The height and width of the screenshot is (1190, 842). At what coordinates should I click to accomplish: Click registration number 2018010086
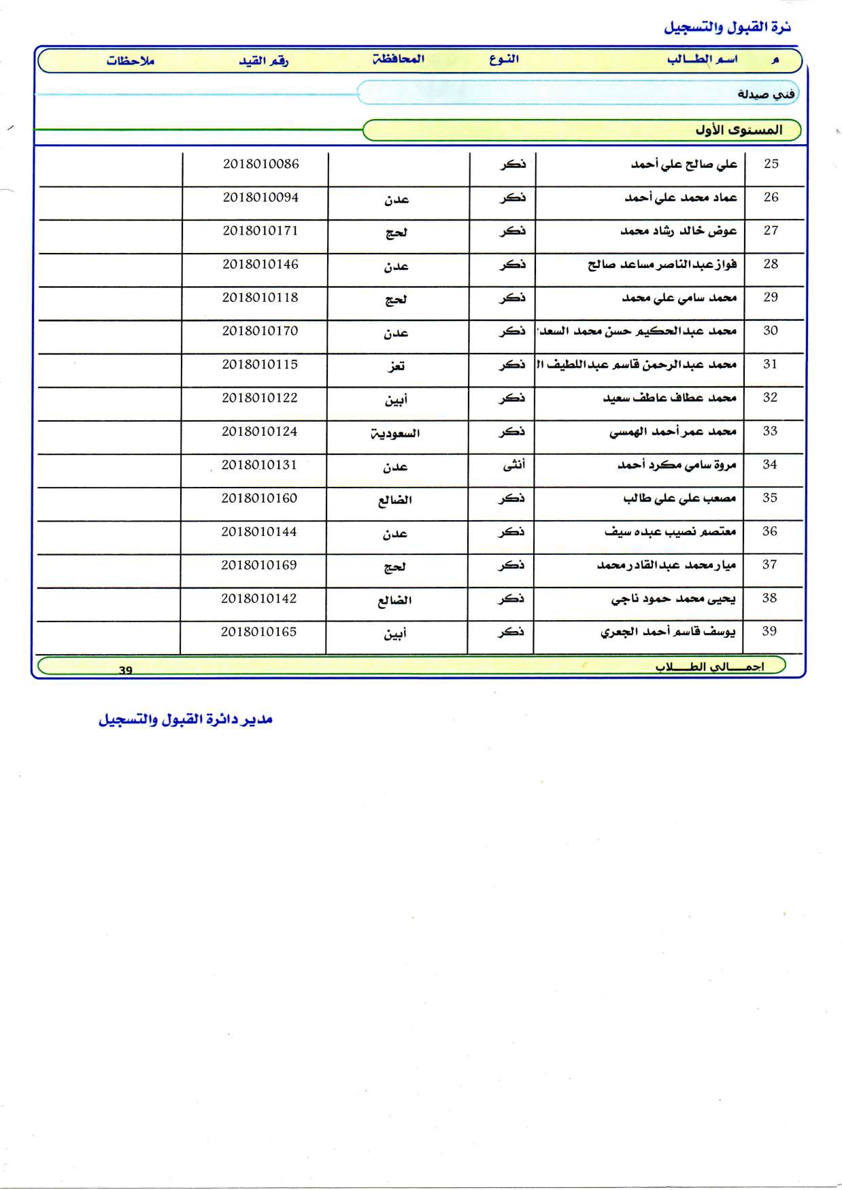260,164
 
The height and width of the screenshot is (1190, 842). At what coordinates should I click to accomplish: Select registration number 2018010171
260,231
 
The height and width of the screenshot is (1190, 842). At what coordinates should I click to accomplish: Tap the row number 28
771,264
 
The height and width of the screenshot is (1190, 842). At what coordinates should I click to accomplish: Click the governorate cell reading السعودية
395,433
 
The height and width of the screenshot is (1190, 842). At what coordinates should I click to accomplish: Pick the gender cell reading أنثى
513,465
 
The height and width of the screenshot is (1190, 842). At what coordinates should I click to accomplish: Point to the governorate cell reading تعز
396,366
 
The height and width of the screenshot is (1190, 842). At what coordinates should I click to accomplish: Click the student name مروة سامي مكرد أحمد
677,465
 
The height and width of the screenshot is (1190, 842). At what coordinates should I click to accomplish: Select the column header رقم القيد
263,61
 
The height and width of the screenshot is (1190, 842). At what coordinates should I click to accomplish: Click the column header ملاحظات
130,61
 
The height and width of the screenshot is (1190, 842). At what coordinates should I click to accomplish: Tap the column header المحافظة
399,59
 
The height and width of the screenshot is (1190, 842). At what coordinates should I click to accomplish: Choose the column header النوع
503,59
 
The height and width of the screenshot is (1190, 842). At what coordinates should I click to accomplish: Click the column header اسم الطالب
702,60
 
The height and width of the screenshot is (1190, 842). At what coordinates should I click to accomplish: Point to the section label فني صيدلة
766,94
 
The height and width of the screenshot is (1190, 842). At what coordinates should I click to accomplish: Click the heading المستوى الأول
738,130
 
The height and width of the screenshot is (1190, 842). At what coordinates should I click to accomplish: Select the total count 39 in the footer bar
126,670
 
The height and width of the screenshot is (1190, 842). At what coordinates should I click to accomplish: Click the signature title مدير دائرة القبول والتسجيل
186,719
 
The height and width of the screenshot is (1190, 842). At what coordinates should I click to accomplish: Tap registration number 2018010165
258,632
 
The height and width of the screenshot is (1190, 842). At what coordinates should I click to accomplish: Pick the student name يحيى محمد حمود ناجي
673,599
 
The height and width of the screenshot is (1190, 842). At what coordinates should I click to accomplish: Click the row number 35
770,498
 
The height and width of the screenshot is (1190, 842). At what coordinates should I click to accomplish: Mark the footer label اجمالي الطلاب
709,667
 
